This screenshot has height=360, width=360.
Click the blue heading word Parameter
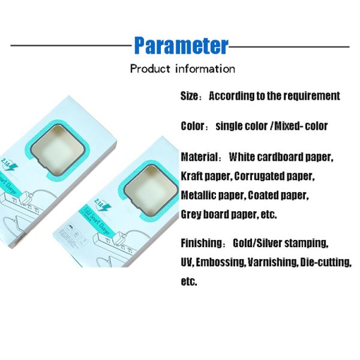click(181, 46)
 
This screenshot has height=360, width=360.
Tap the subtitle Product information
click(182, 68)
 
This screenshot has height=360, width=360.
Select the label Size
click(190, 96)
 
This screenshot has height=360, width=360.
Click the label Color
click(193, 127)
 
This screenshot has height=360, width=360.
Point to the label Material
click(199, 157)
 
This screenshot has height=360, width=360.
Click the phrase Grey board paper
click(218, 214)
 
